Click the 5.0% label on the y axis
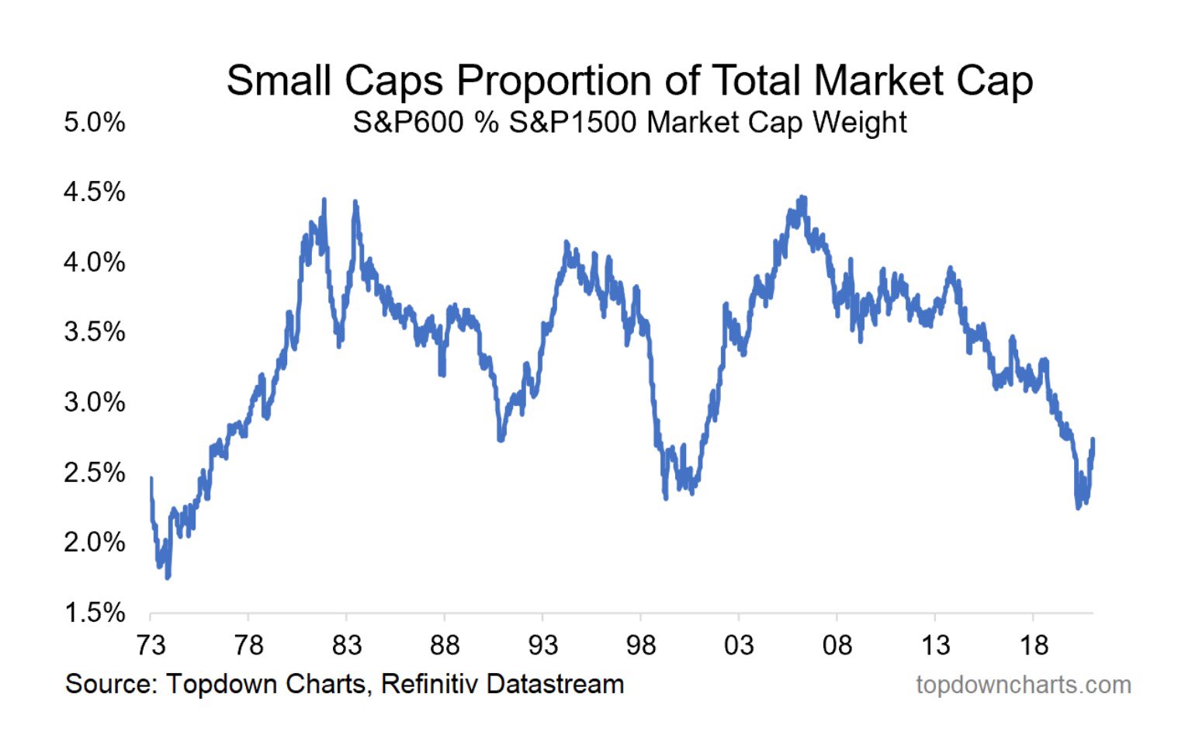point(95,123)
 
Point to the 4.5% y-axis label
point(95,192)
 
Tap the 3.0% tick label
point(95,402)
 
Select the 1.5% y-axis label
point(95,612)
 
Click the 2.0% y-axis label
point(95,542)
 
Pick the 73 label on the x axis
point(151,645)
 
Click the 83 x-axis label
point(347,645)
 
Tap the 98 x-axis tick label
point(641,645)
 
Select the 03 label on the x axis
point(739,645)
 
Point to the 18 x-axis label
point(1034,645)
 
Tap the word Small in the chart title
point(279,81)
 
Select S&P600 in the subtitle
point(408,123)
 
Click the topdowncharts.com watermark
point(1023,685)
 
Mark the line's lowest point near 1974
point(168,578)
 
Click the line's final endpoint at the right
point(1093,439)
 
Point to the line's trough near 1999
point(666,498)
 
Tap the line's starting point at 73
point(151,478)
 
